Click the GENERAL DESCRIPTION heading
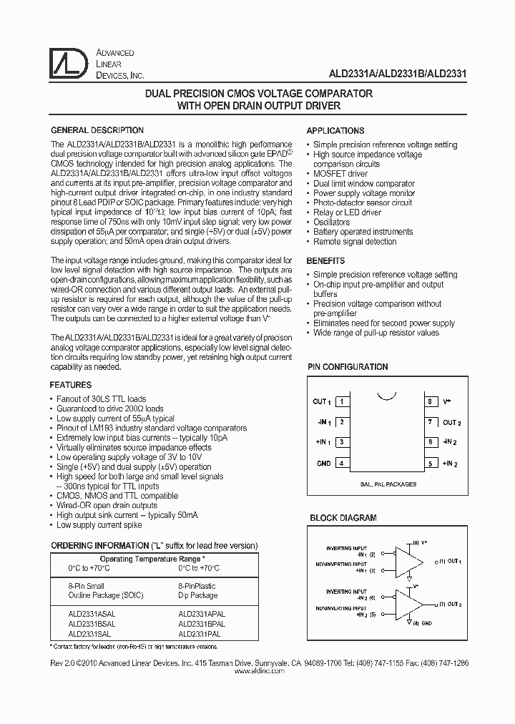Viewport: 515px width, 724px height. click(x=97, y=131)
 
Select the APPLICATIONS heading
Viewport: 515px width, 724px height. click(x=335, y=131)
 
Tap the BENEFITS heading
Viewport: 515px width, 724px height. click(x=325, y=261)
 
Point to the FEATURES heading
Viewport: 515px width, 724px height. click(x=71, y=385)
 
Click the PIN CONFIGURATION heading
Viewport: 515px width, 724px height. click(x=348, y=367)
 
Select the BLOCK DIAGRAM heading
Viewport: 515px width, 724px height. click(x=343, y=518)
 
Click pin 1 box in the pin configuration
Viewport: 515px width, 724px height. click(x=343, y=401)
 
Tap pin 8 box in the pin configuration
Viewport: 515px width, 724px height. click(x=431, y=401)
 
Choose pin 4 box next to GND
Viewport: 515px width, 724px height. click(x=343, y=464)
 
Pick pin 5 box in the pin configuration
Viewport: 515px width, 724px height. click(x=431, y=464)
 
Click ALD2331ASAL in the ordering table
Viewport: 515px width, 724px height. click(x=91, y=614)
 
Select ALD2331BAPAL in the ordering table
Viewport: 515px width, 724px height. click(x=202, y=624)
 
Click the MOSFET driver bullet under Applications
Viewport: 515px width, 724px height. click(x=340, y=174)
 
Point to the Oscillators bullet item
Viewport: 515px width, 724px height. click(x=331, y=222)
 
